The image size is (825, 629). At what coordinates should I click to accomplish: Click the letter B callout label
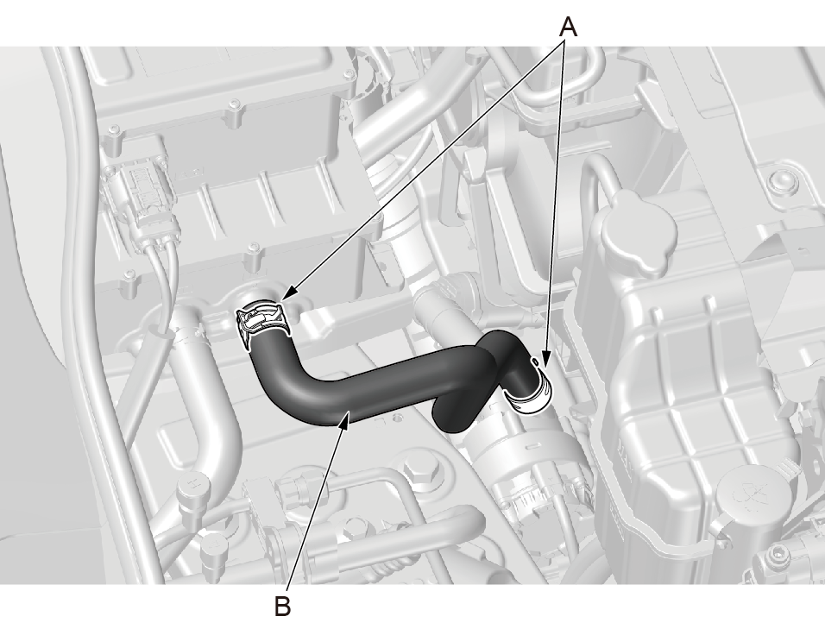(x=282, y=607)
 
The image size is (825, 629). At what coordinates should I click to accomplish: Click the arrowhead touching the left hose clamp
(x=288, y=294)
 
